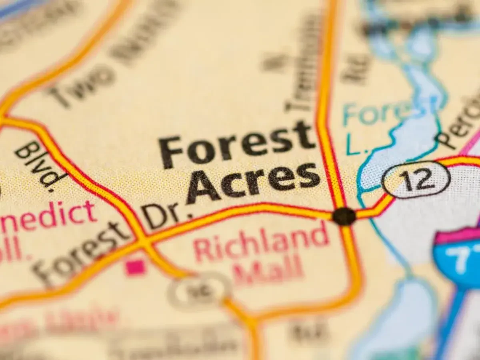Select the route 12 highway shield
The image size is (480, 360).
[416, 180]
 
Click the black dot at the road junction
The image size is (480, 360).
[344, 216]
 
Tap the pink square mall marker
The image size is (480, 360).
[135, 268]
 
